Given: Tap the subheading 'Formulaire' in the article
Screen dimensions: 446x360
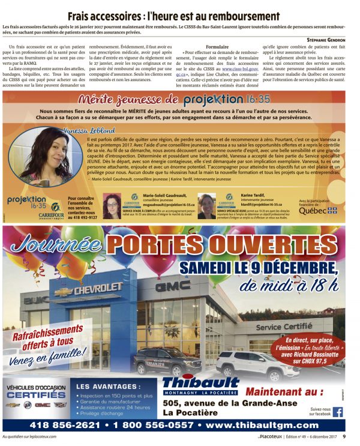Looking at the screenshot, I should [x=217, y=46].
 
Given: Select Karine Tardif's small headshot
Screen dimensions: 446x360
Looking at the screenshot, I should [x=206, y=206].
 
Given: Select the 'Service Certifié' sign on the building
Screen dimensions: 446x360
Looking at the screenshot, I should [x=284, y=328].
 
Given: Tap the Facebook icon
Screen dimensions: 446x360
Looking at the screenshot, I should [x=338, y=412].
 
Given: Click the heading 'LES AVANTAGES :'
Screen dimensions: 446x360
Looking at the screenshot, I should [x=108, y=387].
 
